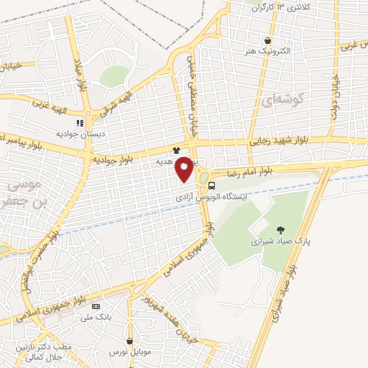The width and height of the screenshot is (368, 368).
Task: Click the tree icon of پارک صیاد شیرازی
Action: coord(280,230)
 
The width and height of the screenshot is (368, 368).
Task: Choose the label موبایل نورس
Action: coord(127,353)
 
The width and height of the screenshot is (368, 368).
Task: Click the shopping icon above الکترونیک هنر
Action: coord(268,40)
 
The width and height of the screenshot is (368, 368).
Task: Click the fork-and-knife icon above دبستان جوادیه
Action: coord(80,122)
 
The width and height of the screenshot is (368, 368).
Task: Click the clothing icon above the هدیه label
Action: coord(176,151)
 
